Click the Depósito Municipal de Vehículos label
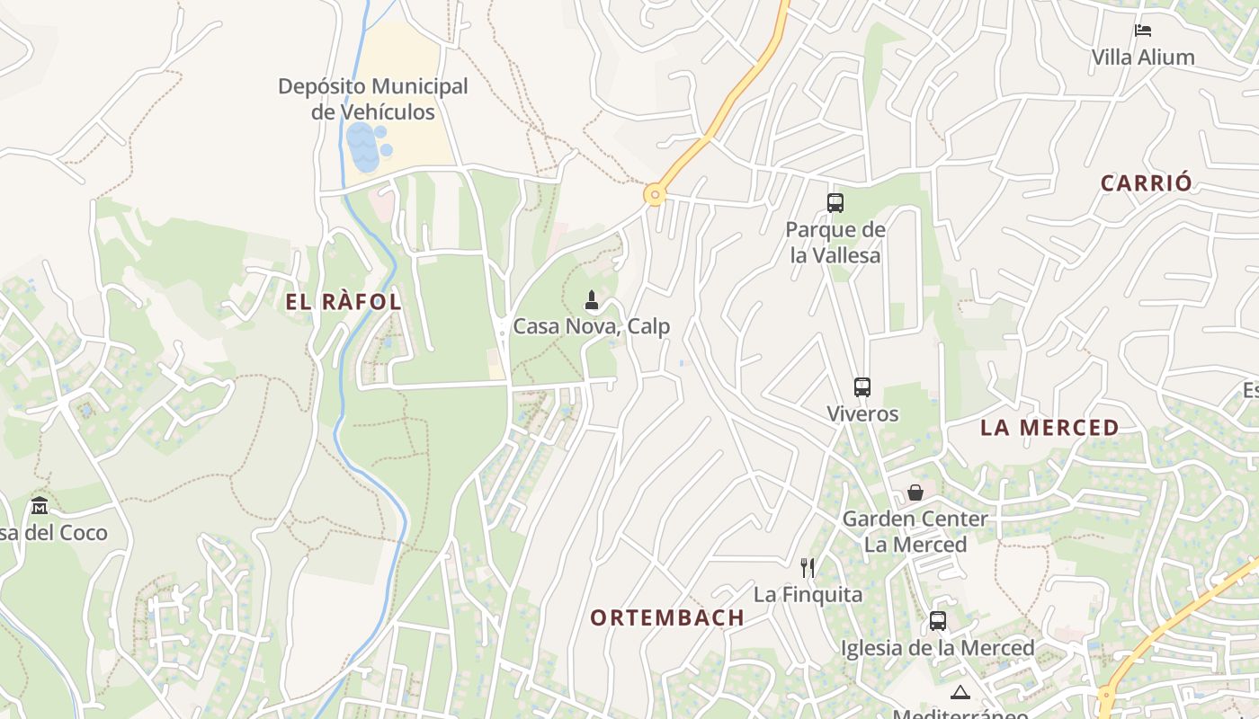click(372, 99)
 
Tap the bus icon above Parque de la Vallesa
click(835, 203)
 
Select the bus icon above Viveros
click(862, 387)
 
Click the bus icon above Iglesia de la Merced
click(938, 621)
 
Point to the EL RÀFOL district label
click(344, 302)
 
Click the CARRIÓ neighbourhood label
click(1147, 183)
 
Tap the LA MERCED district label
click(1049, 428)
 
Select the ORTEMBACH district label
click(667, 618)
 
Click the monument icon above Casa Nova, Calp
click(592, 300)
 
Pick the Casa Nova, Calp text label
click(592, 326)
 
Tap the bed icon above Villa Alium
click(1143, 31)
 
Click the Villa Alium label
click(1143, 58)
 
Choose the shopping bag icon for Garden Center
click(915, 493)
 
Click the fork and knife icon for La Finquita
click(808, 568)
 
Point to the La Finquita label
click(808, 595)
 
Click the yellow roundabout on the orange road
click(655, 194)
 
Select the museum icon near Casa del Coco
click(39, 505)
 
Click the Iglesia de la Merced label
click(938, 648)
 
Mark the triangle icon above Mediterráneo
click(960, 692)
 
